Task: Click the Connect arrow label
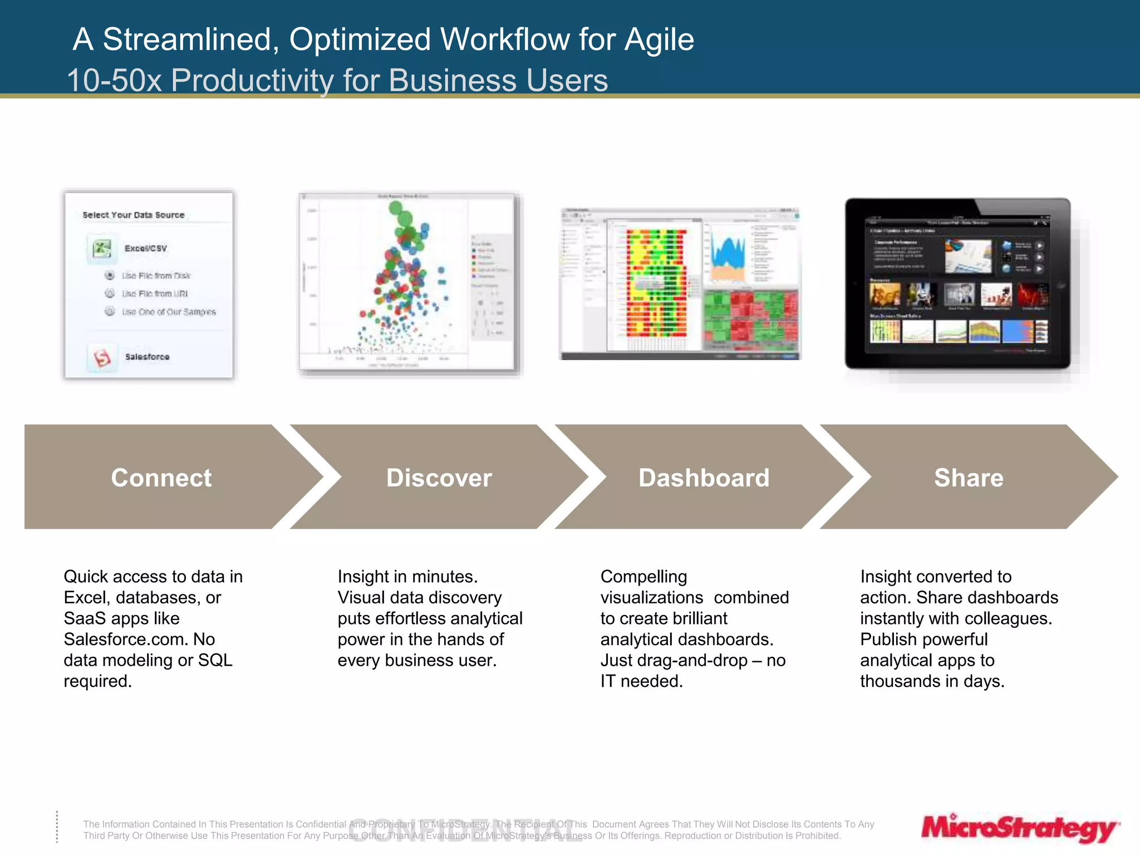pos(161,478)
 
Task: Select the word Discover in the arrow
pos(439,478)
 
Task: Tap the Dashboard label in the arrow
pos(704,478)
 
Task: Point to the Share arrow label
pos(969,478)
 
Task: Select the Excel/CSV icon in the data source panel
pos(102,248)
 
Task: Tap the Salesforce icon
pos(102,357)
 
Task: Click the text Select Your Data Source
pos(134,215)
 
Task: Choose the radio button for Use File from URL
pos(110,293)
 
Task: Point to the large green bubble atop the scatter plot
pos(396,209)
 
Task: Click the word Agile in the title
pos(659,40)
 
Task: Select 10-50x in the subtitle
pos(114,80)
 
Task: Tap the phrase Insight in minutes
pos(407,577)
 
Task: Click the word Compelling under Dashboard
pos(643,577)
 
